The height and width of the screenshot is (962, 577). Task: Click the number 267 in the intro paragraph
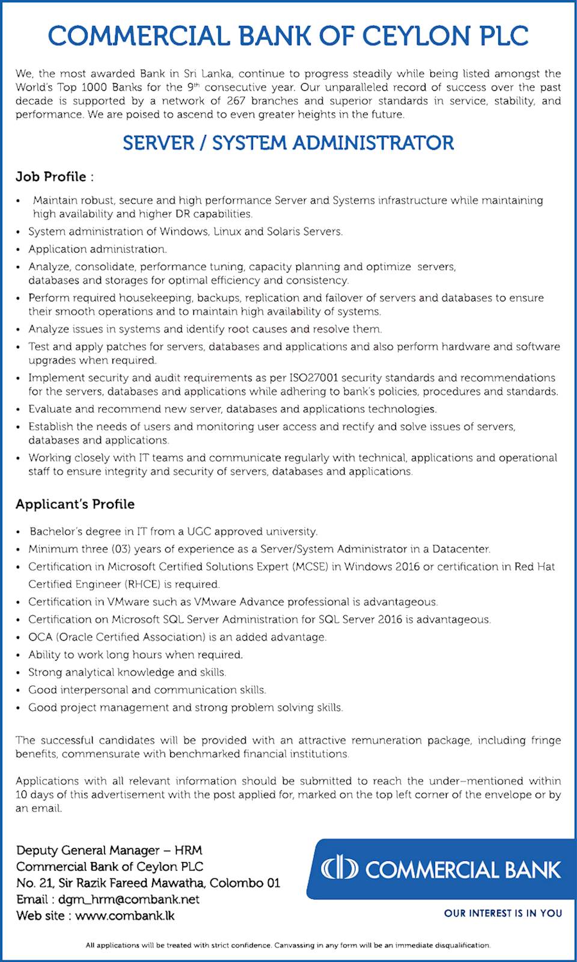236,100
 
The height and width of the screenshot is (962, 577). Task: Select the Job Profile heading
54,177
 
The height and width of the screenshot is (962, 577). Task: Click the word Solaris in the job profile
289,232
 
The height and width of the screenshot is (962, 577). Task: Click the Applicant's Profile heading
75,504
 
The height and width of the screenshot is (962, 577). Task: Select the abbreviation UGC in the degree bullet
199,532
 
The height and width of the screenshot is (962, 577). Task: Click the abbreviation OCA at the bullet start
40,637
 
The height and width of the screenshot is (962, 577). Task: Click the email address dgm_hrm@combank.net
129,899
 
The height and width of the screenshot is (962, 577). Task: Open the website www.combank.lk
125,916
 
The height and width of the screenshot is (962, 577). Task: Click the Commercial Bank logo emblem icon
339,868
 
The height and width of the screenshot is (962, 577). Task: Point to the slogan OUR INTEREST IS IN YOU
503,913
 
